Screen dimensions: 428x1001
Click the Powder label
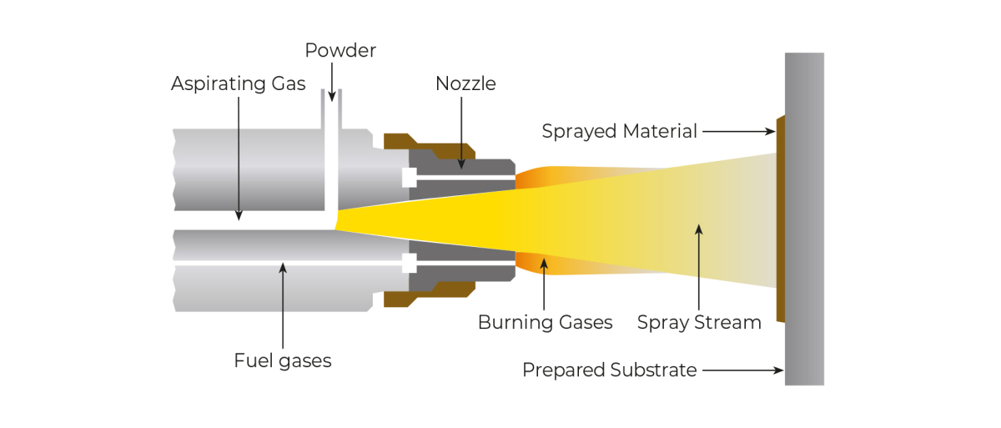click(x=340, y=50)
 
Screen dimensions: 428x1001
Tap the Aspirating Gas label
click(x=239, y=83)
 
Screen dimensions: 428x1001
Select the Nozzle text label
click(x=465, y=83)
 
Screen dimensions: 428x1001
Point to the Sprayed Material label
click(x=619, y=131)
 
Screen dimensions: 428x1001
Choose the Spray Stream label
click(x=699, y=322)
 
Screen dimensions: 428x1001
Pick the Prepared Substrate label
click(x=609, y=370)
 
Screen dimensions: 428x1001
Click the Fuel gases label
click(x=283, y=360)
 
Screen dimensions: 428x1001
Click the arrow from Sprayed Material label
click(x=739, y=131)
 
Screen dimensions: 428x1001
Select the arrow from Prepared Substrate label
click(x=742, y=370)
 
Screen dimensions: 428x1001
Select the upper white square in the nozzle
click(x=409, y=178)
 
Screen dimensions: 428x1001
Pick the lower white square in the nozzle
click(x=409, y=263)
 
